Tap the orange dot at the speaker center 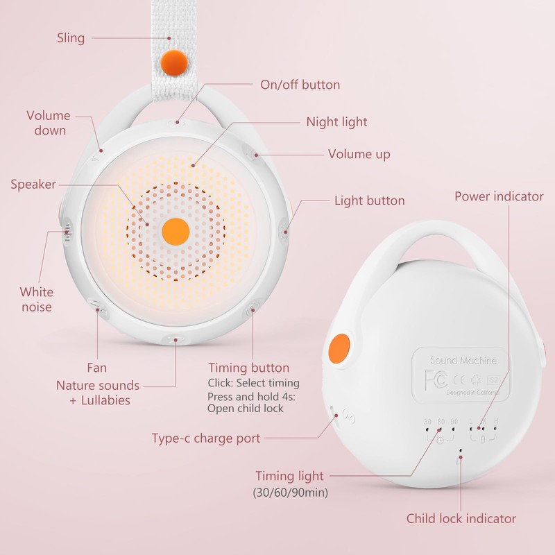174,231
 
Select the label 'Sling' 70,37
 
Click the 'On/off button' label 300,85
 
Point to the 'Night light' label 336,122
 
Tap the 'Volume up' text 359,154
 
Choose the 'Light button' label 369,200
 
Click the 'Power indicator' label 499,196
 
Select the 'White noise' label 36,299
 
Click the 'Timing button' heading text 248,368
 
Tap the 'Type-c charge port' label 206,438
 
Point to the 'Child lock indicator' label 461,518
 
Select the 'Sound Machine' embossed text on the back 463,360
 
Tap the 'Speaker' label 33,185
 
